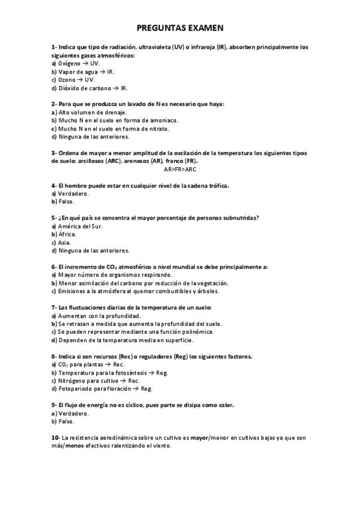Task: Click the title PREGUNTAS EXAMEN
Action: (180, 28)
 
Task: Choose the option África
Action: (67, 233)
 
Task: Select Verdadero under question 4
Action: (74, 194)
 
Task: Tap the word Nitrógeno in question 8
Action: (73, 381)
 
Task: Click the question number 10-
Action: (55, 438)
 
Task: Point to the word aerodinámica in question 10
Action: (130, 438)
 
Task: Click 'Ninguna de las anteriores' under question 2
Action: (94, 137)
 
